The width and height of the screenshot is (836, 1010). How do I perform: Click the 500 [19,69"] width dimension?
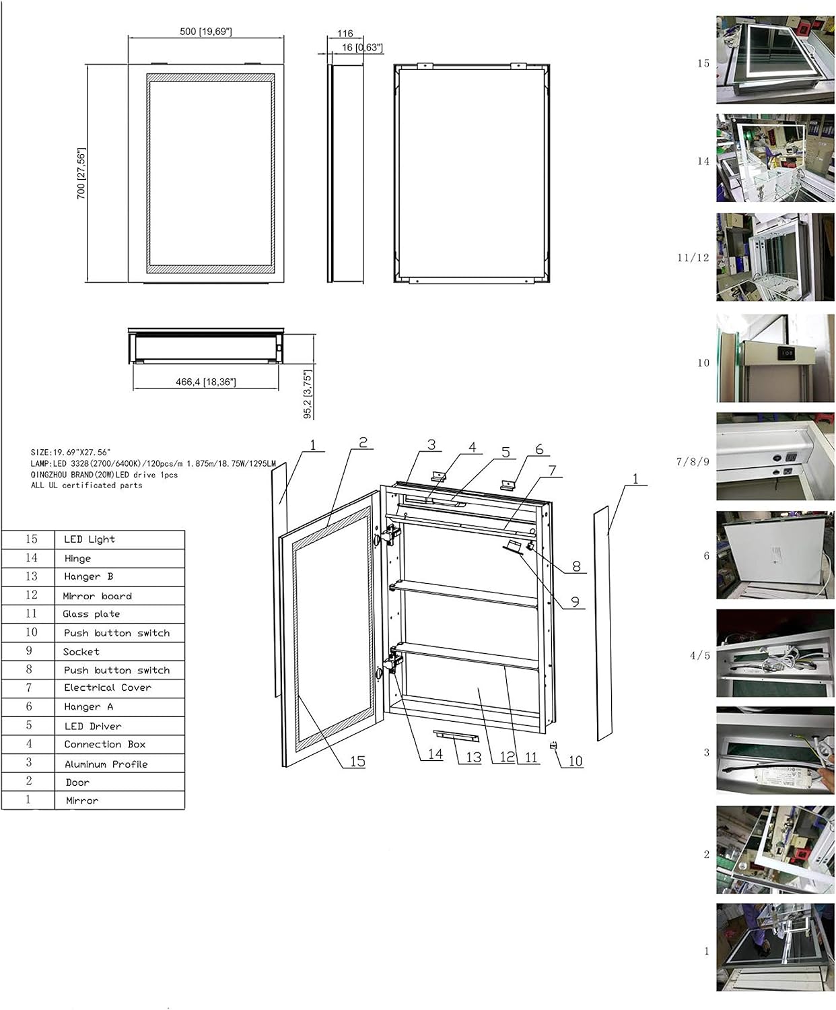(205, 32)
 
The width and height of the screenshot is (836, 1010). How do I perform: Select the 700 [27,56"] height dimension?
(81, 173)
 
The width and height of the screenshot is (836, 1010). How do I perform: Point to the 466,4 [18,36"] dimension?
(205, 382)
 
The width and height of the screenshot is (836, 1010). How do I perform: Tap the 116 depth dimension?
(345, 34)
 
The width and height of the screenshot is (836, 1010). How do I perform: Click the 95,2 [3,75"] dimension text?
(308, 394)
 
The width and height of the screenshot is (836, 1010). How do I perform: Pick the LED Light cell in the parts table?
(90, 539)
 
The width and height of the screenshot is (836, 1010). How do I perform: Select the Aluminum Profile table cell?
(106, 764)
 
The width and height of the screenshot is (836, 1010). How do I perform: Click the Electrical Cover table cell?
(108, 687)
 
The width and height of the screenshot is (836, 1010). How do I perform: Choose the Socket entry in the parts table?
(81, 652)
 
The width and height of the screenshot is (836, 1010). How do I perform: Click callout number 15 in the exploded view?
(357, 761)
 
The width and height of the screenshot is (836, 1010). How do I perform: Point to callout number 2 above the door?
(363, 442)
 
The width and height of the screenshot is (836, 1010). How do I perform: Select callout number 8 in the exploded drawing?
(576, 566)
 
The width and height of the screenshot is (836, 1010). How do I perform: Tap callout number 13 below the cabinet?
(473, 757)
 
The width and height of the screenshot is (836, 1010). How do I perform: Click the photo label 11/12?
(693, 258)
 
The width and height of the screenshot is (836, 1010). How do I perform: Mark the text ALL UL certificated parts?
(86, 485)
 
